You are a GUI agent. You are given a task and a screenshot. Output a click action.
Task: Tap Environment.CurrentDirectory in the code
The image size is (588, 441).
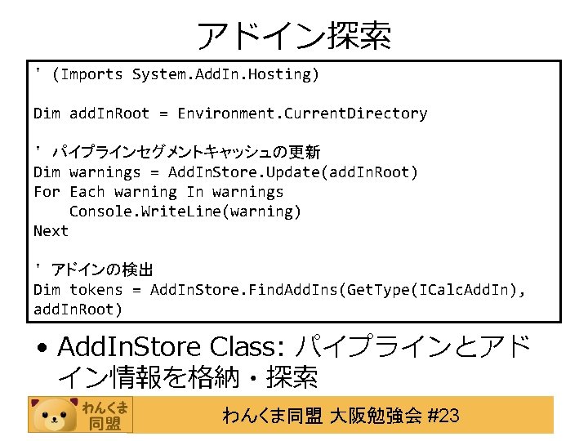pyautogui.click(x=302, y=114)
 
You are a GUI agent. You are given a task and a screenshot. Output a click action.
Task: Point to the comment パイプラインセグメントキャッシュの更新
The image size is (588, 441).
pyautogui.click(x=186, y=153)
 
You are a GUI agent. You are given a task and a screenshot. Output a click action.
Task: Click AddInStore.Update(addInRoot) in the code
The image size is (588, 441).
pyautogui.click(x=292, y=172)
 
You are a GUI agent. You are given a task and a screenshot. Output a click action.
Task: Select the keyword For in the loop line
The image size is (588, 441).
pyautogui.click(x=47, y=192)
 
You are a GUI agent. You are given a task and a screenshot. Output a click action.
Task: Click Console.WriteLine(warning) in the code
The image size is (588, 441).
pyautogui.click(x=185, y=212)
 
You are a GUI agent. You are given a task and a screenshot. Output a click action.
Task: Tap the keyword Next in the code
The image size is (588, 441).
pyautogui.click(x=51, y=231)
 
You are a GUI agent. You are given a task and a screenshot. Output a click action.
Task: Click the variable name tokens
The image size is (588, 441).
pyautogui.click(x=96, y=290)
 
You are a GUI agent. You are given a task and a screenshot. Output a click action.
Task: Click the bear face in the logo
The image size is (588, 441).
pyautogui.click(x=54, y=415)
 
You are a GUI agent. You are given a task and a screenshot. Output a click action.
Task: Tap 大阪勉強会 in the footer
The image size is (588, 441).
pyautogui.click(x=376, y=416)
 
